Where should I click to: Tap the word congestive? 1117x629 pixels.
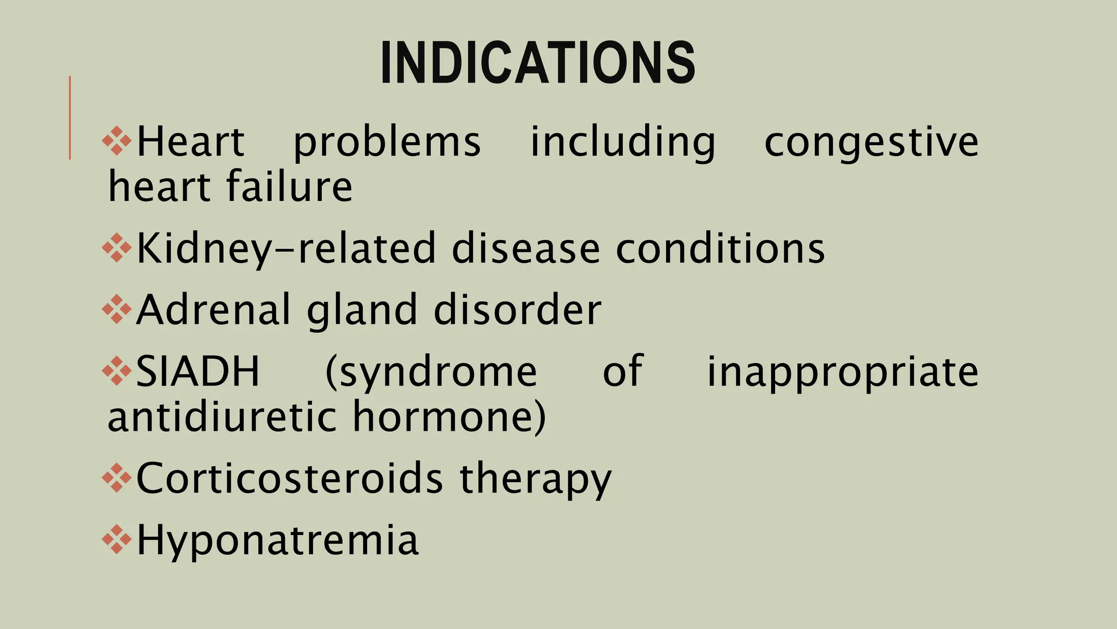tap(871, 142)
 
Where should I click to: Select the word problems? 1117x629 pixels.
tap(387, 142)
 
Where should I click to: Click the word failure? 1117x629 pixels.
tap(289, 187)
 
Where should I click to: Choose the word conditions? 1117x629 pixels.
tap(720, 249)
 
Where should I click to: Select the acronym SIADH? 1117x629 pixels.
tap(197, 372)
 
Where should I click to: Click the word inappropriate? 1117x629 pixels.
tap(843, 372)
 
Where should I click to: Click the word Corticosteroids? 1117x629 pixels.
tap(290, 478)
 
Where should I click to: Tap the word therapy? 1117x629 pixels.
tap(536, 478)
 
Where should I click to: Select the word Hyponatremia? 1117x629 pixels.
tap(277, 540)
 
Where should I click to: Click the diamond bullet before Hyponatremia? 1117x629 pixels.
tap(117, 540)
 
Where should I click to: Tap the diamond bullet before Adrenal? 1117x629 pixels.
tap(117, 310)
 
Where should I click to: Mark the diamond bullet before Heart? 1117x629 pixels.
tap(117, 141)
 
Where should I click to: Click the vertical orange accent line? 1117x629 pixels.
tap(70, 117)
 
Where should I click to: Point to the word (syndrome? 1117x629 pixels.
tap(431, 372)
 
